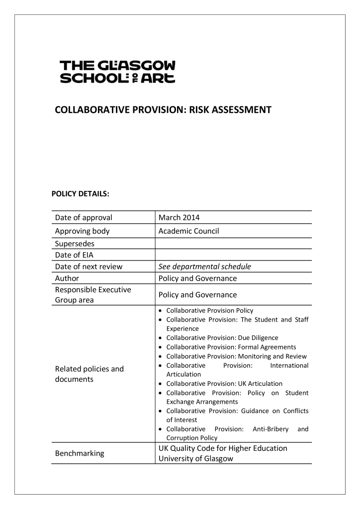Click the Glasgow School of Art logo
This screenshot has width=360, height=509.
(x=117, y=72)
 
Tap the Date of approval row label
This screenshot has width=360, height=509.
(x=84, y=217)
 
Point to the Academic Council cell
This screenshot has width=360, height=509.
(x=188, y=231)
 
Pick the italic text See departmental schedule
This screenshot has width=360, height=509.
(x=204, y=266)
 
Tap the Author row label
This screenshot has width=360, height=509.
(x=67, y=278)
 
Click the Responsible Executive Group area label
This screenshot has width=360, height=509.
(x=93, y=294)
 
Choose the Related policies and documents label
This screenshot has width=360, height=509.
(x=90, y=374)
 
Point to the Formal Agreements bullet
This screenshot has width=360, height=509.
(x=231, y=347)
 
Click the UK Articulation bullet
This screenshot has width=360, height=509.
(x=224, y=383)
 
